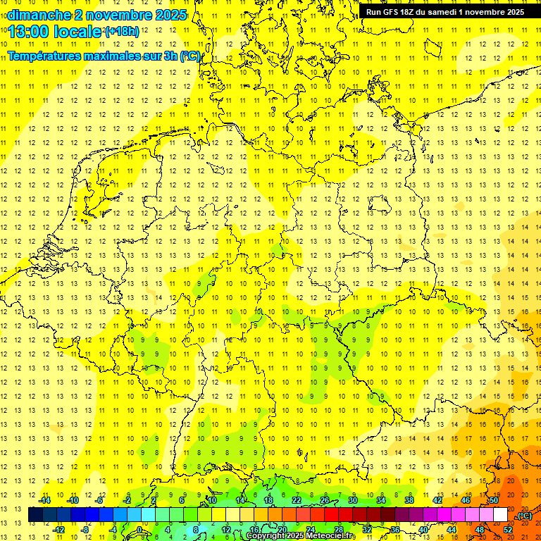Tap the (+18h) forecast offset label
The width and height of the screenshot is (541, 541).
pyautogui.click(x=122, y=32)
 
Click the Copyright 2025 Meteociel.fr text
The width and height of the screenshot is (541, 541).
pyautogui.click(x=301, y=536)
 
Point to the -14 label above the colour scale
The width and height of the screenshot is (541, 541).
pyautogui.click(x=45, y=500)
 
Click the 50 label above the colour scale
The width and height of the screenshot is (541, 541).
pyautogui.click(x=493, y=500)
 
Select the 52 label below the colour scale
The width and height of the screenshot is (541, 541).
pyautogui.click(x=508, y=530)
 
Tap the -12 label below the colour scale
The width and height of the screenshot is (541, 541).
pyautogui.click(x=59, y=530)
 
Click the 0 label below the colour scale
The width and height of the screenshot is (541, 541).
pyautogui.click(x=139, y=530)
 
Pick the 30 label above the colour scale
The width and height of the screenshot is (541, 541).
pyautogui.click(x=352, y=500)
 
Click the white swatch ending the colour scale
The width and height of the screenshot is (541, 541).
pyautogui.click(x=500, y=515)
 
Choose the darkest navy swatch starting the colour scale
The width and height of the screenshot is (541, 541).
pyautogui.click(x=35, y=515)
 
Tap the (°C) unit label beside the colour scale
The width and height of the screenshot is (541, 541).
pyautogui.click(x=524, y=516)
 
